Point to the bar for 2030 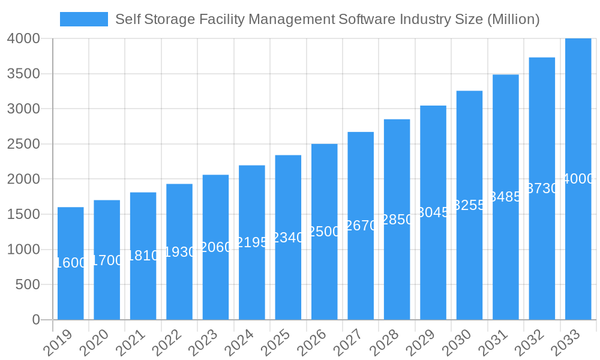pos(469,252)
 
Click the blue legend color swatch pos(84,19)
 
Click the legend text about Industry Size pos(327,19)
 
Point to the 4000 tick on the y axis pos(23,38)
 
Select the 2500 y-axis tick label pos(23,144)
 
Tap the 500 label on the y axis pos(28,284)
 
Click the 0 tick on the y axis pos(36,320)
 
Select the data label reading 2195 pos(252,242)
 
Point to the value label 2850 pos(397,220)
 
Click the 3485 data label pos(506,197)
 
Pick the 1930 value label pos(180,252)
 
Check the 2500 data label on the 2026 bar pos(324,232)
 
